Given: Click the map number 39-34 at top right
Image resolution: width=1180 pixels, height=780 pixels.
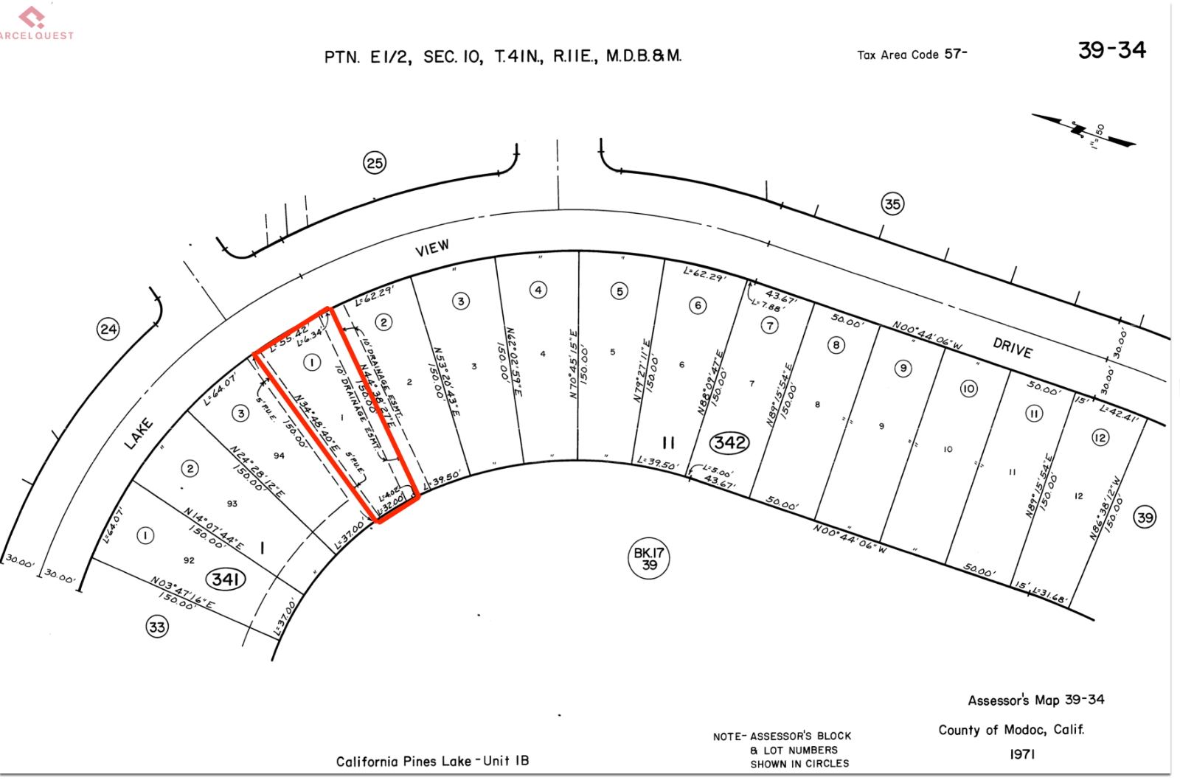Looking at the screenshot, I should coord(1111,50).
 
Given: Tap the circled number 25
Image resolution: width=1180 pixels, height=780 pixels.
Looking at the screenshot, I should coord(375,163).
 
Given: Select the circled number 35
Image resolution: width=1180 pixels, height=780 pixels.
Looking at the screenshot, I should coord(892,204).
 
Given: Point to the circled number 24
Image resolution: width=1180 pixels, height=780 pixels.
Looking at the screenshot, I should coord(108,329).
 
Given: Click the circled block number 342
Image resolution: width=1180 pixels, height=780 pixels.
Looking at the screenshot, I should coord(729,442).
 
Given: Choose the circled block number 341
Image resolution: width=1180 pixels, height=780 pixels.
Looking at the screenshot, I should coord(225,579).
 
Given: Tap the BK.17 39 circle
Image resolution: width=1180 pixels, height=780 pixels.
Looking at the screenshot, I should coord(648,558).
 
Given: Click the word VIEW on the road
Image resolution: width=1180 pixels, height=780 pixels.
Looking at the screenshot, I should coord(432,248).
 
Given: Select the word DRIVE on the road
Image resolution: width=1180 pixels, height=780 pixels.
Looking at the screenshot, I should coord(1012,348).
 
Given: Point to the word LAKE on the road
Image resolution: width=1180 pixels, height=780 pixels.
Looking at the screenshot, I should coord(139,433).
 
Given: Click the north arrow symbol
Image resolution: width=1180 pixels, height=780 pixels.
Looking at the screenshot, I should coord(1083,130).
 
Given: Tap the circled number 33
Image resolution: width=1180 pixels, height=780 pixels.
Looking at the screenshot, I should coord(157,627).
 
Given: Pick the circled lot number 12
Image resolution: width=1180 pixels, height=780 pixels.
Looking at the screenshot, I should coord(1100,438).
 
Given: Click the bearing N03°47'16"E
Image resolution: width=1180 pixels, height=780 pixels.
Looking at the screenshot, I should coord(182,593).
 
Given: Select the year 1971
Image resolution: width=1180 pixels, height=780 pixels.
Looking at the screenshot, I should coord(1022,754).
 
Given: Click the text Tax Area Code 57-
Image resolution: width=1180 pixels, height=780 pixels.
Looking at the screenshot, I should coord(912,55).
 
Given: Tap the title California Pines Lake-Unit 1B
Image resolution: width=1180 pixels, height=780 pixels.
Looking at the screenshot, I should coord(432,761).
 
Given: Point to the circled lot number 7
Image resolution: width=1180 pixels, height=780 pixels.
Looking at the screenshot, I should coord(769,325).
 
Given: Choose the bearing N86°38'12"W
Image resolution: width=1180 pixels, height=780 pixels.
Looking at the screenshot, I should coord(1105,508).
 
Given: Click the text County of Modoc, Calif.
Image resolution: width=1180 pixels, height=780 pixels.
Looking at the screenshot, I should coord(1010,730).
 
